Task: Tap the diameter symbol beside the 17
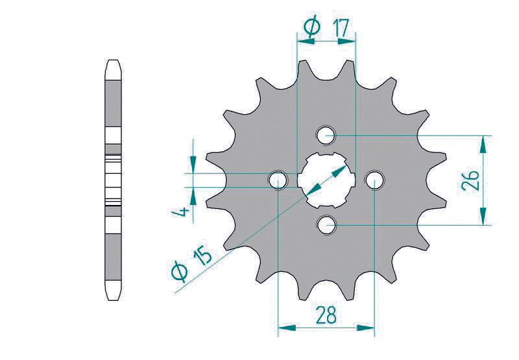point(311,27)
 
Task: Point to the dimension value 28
point(326,315)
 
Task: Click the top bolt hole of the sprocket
point(326,136)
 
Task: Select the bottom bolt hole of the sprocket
point(326,225)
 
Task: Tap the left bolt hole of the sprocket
point(278,180)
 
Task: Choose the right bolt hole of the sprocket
point(375,180)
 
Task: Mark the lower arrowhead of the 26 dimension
point(482,218)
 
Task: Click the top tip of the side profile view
point(112,62)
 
